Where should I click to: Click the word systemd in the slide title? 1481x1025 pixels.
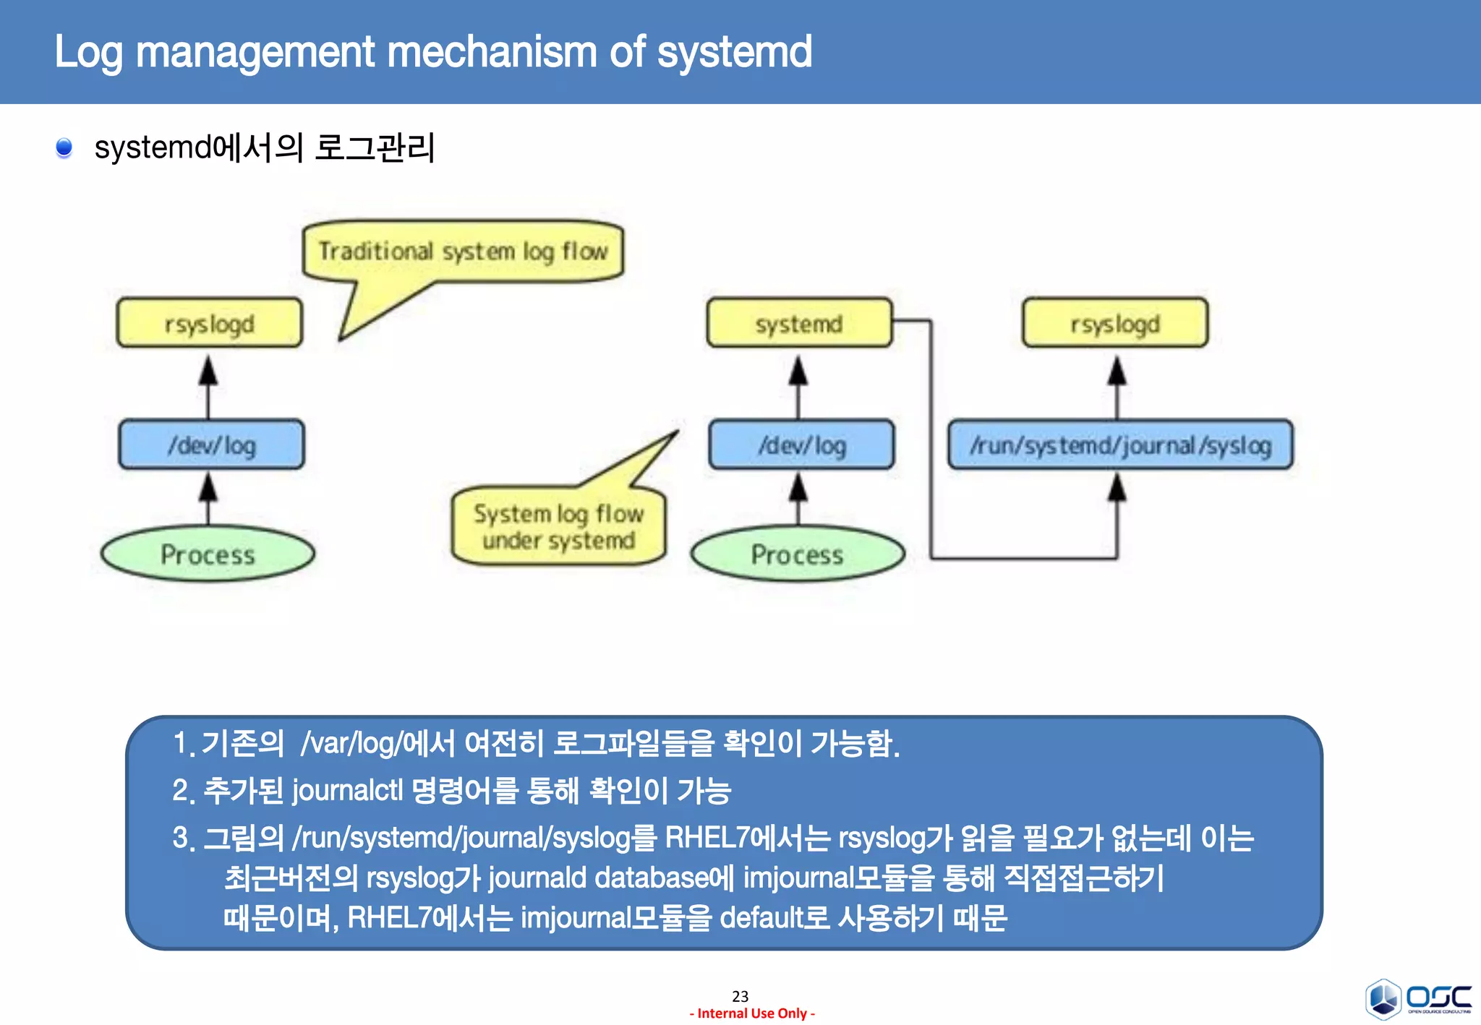(x=734, y=52)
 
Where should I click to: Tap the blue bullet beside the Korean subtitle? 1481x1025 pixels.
(x=64, y=147)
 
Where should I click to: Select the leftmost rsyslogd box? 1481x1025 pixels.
(x=209, y=323)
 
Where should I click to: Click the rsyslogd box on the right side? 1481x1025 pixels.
(x=1114, y=323)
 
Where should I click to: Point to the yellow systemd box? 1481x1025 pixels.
(x=799, y=323)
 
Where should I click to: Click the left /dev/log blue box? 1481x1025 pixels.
(x=211, y=445)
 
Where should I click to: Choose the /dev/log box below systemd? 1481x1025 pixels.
(x=801, y=445)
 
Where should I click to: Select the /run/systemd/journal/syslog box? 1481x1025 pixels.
(x=1120, y=445)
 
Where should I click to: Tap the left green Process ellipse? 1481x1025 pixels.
(x=208, y=554)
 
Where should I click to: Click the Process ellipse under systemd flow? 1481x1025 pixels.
(x=798, y=554)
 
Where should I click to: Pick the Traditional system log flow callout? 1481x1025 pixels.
(x=463, y=252)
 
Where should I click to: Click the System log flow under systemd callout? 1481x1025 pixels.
(x=558, y=527)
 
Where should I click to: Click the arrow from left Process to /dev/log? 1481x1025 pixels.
(x=208, y=499)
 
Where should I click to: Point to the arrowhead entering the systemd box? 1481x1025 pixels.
(x=798, y=370)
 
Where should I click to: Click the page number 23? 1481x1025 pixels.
(x=740, y=996)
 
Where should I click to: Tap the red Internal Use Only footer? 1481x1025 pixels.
(x=752, y=1013)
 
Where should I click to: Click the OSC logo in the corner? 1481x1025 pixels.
(x=1417, y=999)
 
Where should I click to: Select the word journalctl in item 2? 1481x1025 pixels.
(x=347, y=791)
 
